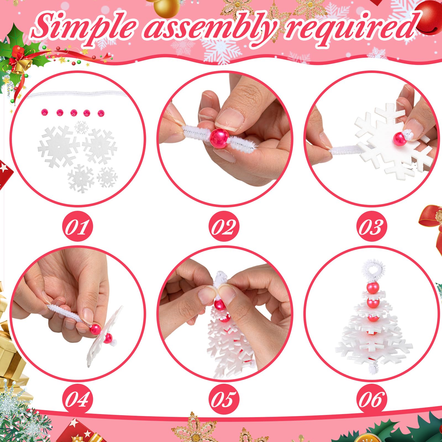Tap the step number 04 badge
(78, 399)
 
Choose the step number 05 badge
(224, 399)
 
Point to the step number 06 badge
(371, 399)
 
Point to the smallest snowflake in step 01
(81, 127)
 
